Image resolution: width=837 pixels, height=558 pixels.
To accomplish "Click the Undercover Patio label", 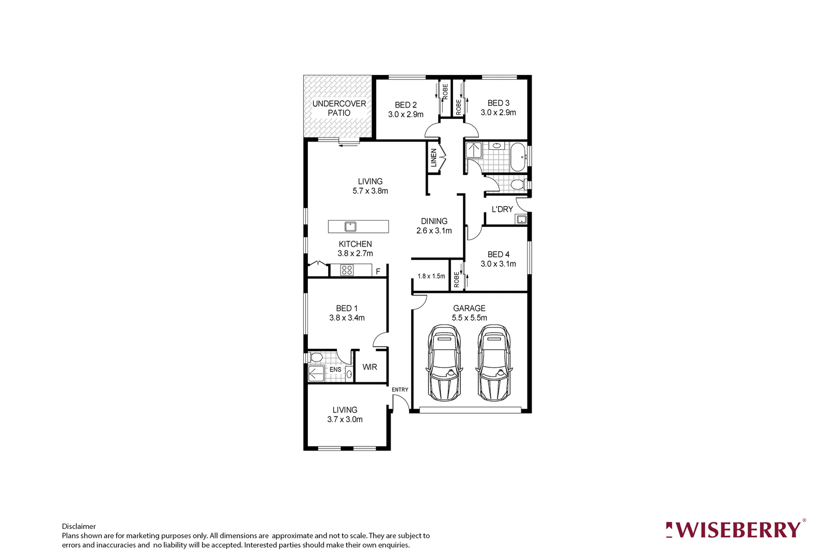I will point(339,108).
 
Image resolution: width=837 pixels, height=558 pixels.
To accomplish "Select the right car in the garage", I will point(493,363).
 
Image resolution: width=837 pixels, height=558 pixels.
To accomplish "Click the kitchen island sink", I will point(350,226).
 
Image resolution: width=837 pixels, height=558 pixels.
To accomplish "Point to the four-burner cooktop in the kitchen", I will point(347,270).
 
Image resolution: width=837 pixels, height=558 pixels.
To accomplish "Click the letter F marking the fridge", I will point(378,271).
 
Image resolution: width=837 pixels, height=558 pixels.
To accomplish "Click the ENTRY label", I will point(400,390).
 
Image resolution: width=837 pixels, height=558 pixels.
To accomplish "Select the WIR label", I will point(369,367).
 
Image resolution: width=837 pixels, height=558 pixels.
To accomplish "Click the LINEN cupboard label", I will point(433,157).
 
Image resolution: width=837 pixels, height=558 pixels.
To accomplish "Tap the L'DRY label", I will point(502,209).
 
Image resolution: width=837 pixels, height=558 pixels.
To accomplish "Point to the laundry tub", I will point(521,220).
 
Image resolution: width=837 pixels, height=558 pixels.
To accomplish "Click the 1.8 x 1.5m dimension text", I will point(431,276).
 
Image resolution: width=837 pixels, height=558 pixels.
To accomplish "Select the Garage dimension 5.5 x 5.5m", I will point(469,318).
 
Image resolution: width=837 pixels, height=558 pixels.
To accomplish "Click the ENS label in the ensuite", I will point(335,369).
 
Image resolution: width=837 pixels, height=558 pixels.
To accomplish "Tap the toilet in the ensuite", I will point(316,357).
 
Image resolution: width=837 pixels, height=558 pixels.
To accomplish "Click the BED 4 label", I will point(498,254).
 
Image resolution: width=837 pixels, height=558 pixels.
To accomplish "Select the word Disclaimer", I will point(79,526).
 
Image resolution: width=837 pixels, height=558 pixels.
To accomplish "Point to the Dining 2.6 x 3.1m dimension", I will point(434,230).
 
